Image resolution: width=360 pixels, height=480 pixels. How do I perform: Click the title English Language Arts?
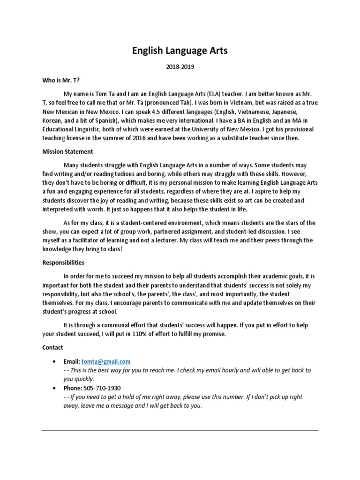coord(180,51)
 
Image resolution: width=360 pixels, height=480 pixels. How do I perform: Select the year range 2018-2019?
coord(180,67)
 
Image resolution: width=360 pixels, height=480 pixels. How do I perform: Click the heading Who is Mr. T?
coord(59,80)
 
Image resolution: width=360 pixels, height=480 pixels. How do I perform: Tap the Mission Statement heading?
coord(67,151)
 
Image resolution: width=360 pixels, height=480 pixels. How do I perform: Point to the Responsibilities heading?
coord(63,262)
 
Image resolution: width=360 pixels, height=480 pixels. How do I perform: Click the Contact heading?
coord(52,347)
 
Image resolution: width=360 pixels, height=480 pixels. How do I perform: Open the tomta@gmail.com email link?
coord(106,361)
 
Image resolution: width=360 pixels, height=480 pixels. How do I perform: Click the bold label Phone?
coord(73,388)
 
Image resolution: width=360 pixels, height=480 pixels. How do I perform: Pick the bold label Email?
coord(72,361)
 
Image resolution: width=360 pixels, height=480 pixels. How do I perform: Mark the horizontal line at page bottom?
coord(180,431)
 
